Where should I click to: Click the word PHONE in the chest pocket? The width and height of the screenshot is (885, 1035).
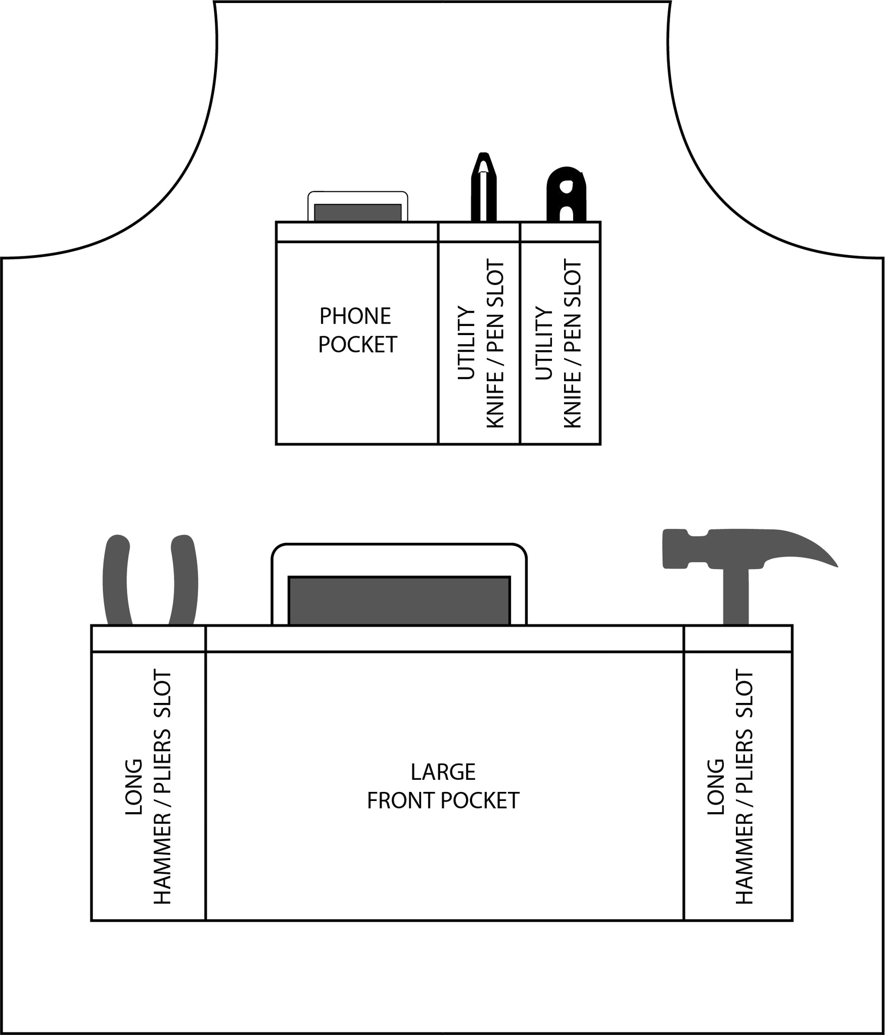tap(355, 316)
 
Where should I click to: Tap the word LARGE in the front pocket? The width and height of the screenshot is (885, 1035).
tap(443, 772)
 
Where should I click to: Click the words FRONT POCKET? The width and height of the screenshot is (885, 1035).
tap(443, 801)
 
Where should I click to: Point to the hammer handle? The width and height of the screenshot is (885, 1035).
tap(735, 595)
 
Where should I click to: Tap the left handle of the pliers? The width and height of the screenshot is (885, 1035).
tap(117, 580)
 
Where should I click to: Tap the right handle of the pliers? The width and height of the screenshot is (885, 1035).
tap(183, 580)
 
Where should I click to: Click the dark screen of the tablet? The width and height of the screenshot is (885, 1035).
tap(399, 600)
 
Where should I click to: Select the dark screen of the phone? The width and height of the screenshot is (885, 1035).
tap(358, 212)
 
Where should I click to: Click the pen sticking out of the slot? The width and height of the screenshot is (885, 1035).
tap(484, 186)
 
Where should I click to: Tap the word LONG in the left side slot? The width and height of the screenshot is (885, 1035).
tap(134, 787)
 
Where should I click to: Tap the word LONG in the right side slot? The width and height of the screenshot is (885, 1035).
tap(716, 787)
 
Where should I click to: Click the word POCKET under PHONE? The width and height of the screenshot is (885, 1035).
tap(358, 345)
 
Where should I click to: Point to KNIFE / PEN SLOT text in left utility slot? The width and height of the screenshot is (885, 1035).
tap(495, 344)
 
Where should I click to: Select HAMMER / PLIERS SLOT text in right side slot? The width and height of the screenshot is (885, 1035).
tap(744, 787)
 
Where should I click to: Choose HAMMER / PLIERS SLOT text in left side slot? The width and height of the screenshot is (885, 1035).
tap(163, 787)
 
